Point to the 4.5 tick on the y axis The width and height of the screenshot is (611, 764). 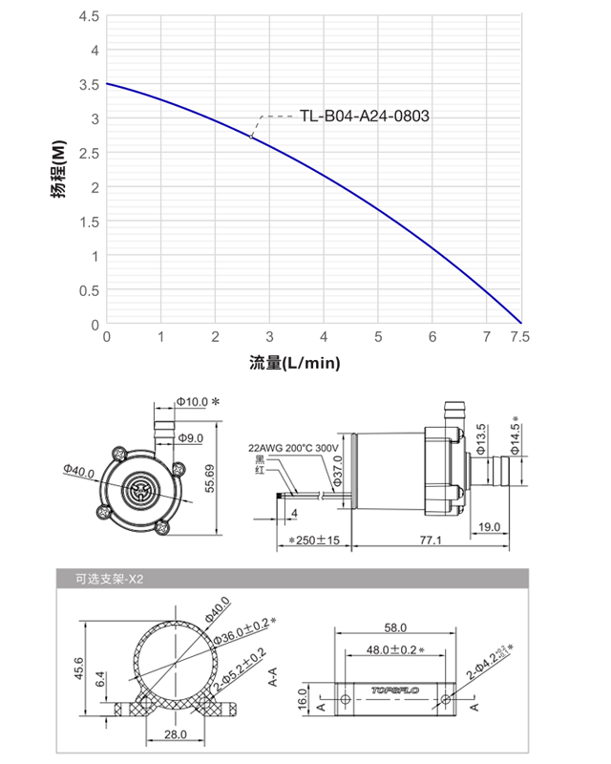click(x=89, y=16)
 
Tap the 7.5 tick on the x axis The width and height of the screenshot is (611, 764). click(x=519, y=337)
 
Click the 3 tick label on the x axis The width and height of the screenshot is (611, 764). click(x=270, y=337)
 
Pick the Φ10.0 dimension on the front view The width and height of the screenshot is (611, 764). click(x=192, y=402)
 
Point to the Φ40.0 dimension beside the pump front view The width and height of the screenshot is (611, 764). click(x=80, y=469)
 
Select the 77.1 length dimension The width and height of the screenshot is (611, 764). click(x=430, y=541)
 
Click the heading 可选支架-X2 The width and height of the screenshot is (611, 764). click(x=108, y=579)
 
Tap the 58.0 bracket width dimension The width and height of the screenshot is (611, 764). click(x=395, y=627)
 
